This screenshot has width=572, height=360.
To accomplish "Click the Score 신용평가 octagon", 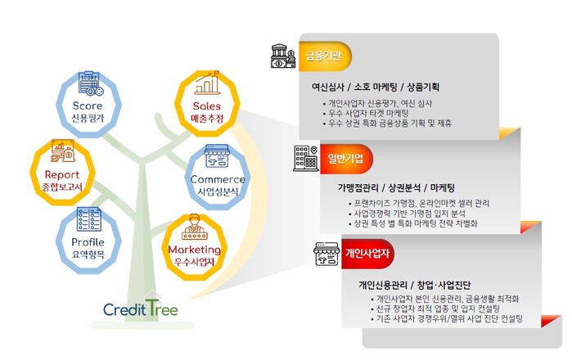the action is tap(88, 104).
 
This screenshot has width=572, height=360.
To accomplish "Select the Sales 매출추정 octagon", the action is tap(207, 104).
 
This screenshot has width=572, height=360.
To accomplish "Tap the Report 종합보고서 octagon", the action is tap(62, 173).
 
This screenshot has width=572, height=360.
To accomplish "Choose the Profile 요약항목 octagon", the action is tap(88, 241).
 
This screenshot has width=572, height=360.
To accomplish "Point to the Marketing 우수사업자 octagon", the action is tap(195, 247).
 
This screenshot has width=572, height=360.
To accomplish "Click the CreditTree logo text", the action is tap(141, 308).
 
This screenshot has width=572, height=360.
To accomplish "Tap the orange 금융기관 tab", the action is tap(325, 56).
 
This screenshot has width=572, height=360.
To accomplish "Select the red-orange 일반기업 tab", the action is tap(346, 159).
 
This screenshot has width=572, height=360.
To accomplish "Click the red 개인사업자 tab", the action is tap(367, 254).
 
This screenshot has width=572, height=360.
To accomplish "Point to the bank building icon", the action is tap(283, 56).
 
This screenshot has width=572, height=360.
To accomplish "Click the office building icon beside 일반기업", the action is tap(305, 159).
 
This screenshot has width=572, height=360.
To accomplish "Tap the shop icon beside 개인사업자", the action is tap(327, 254).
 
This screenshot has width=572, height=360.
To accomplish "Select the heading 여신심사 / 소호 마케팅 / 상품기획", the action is tap(376, 87).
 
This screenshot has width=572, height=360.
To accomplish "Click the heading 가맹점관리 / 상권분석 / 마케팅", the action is tap(396, 188).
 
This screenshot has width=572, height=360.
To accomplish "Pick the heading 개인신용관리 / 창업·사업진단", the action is tap(414, 285).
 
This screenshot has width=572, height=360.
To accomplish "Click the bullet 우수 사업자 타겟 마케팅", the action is tap(366, 113).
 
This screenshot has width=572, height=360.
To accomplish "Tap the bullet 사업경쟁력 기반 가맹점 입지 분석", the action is tap(408, 214).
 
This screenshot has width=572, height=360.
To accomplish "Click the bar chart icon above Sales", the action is tap(207, 83).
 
